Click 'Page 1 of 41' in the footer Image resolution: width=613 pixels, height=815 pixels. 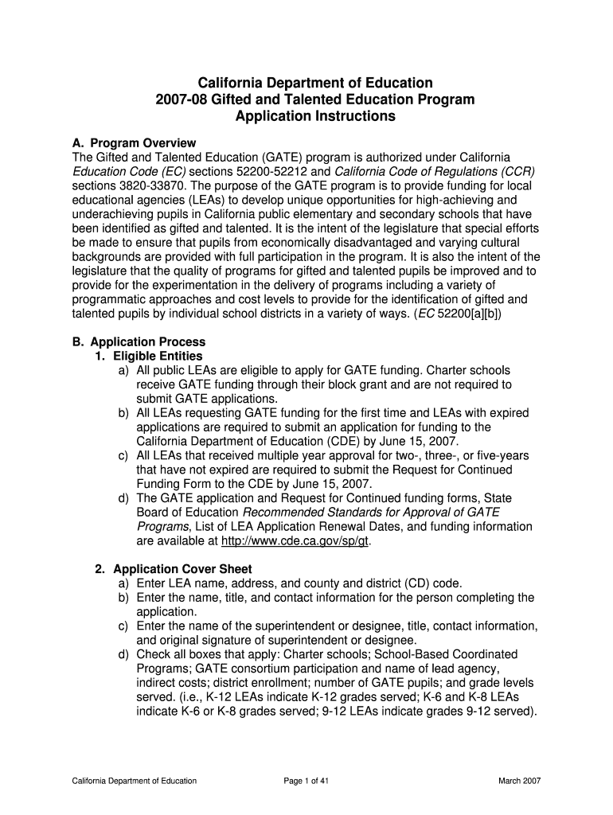306,781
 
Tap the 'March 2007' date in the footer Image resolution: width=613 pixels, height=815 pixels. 520,781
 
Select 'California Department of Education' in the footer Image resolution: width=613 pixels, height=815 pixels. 131,781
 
